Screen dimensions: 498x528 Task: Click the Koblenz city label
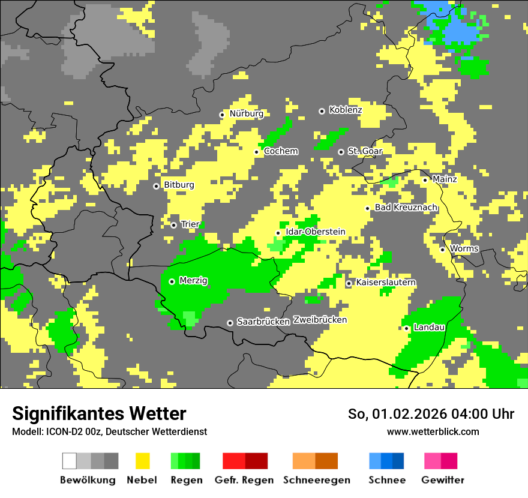click(345, 110)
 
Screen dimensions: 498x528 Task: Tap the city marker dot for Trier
click(174, 225)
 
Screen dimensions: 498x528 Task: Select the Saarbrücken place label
click(263, 322)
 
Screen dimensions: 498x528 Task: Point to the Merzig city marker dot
click(172, 281)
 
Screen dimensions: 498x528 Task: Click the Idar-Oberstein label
click(316, 232)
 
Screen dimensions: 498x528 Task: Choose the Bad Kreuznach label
click(406, 208)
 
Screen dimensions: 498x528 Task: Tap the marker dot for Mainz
click(425, 180)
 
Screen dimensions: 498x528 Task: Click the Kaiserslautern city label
click(386, 283)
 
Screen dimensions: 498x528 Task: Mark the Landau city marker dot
click(407, 328)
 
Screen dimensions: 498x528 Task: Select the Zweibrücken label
click(320, 320)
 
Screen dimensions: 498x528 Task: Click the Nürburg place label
click(246, 114)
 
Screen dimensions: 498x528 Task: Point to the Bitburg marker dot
click(157, 186)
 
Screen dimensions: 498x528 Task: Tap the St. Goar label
click(365, 151)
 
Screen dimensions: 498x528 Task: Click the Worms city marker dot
click(443, 250)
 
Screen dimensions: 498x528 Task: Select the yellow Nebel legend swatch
click(142, 461)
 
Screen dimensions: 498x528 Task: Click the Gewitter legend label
click(442, 480)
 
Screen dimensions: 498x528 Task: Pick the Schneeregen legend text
click(316, 480)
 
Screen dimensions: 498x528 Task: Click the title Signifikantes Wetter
click(99, 414)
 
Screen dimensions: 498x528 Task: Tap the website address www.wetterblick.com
click(433, 432)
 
